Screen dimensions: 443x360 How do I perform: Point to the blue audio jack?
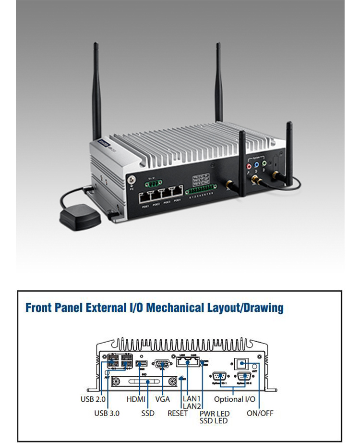pos(256,165)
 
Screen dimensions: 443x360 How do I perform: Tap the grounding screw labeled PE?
pos(131,180)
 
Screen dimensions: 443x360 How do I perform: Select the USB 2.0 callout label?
pos(93,399)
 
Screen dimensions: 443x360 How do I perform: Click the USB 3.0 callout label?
pos(107,413)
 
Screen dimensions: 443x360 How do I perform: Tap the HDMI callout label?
pos(136,399)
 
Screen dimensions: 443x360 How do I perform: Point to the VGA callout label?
pos(163,399)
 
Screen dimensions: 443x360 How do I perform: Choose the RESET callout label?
pos(178,413)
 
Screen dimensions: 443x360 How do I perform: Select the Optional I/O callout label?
pos(235,399)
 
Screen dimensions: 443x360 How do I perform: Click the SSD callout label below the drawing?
pos(148,413)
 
